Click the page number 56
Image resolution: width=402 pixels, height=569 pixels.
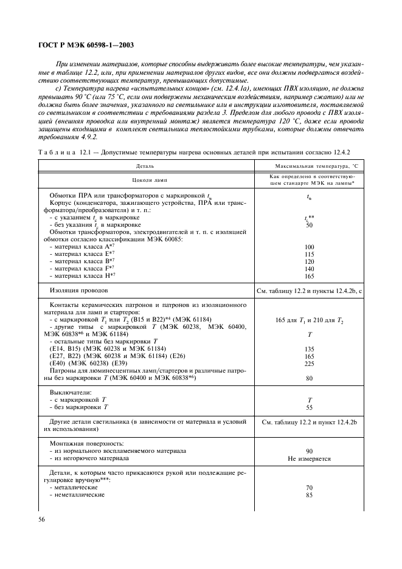(43, 519)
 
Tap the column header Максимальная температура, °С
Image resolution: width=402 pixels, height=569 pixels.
(308, 165)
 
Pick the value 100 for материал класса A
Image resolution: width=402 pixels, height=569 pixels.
(309, 247)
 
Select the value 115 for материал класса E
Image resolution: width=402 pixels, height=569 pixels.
(309, 254)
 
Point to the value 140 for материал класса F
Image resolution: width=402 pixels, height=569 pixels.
(309, 269)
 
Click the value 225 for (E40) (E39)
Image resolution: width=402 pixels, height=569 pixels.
(309, 363)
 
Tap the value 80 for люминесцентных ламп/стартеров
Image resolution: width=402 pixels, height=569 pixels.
(309, 378)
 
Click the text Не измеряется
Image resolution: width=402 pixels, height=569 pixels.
(308, 458)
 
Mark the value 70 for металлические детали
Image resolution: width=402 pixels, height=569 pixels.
(309, 488)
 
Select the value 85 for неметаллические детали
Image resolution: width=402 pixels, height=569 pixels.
(309, 495)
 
